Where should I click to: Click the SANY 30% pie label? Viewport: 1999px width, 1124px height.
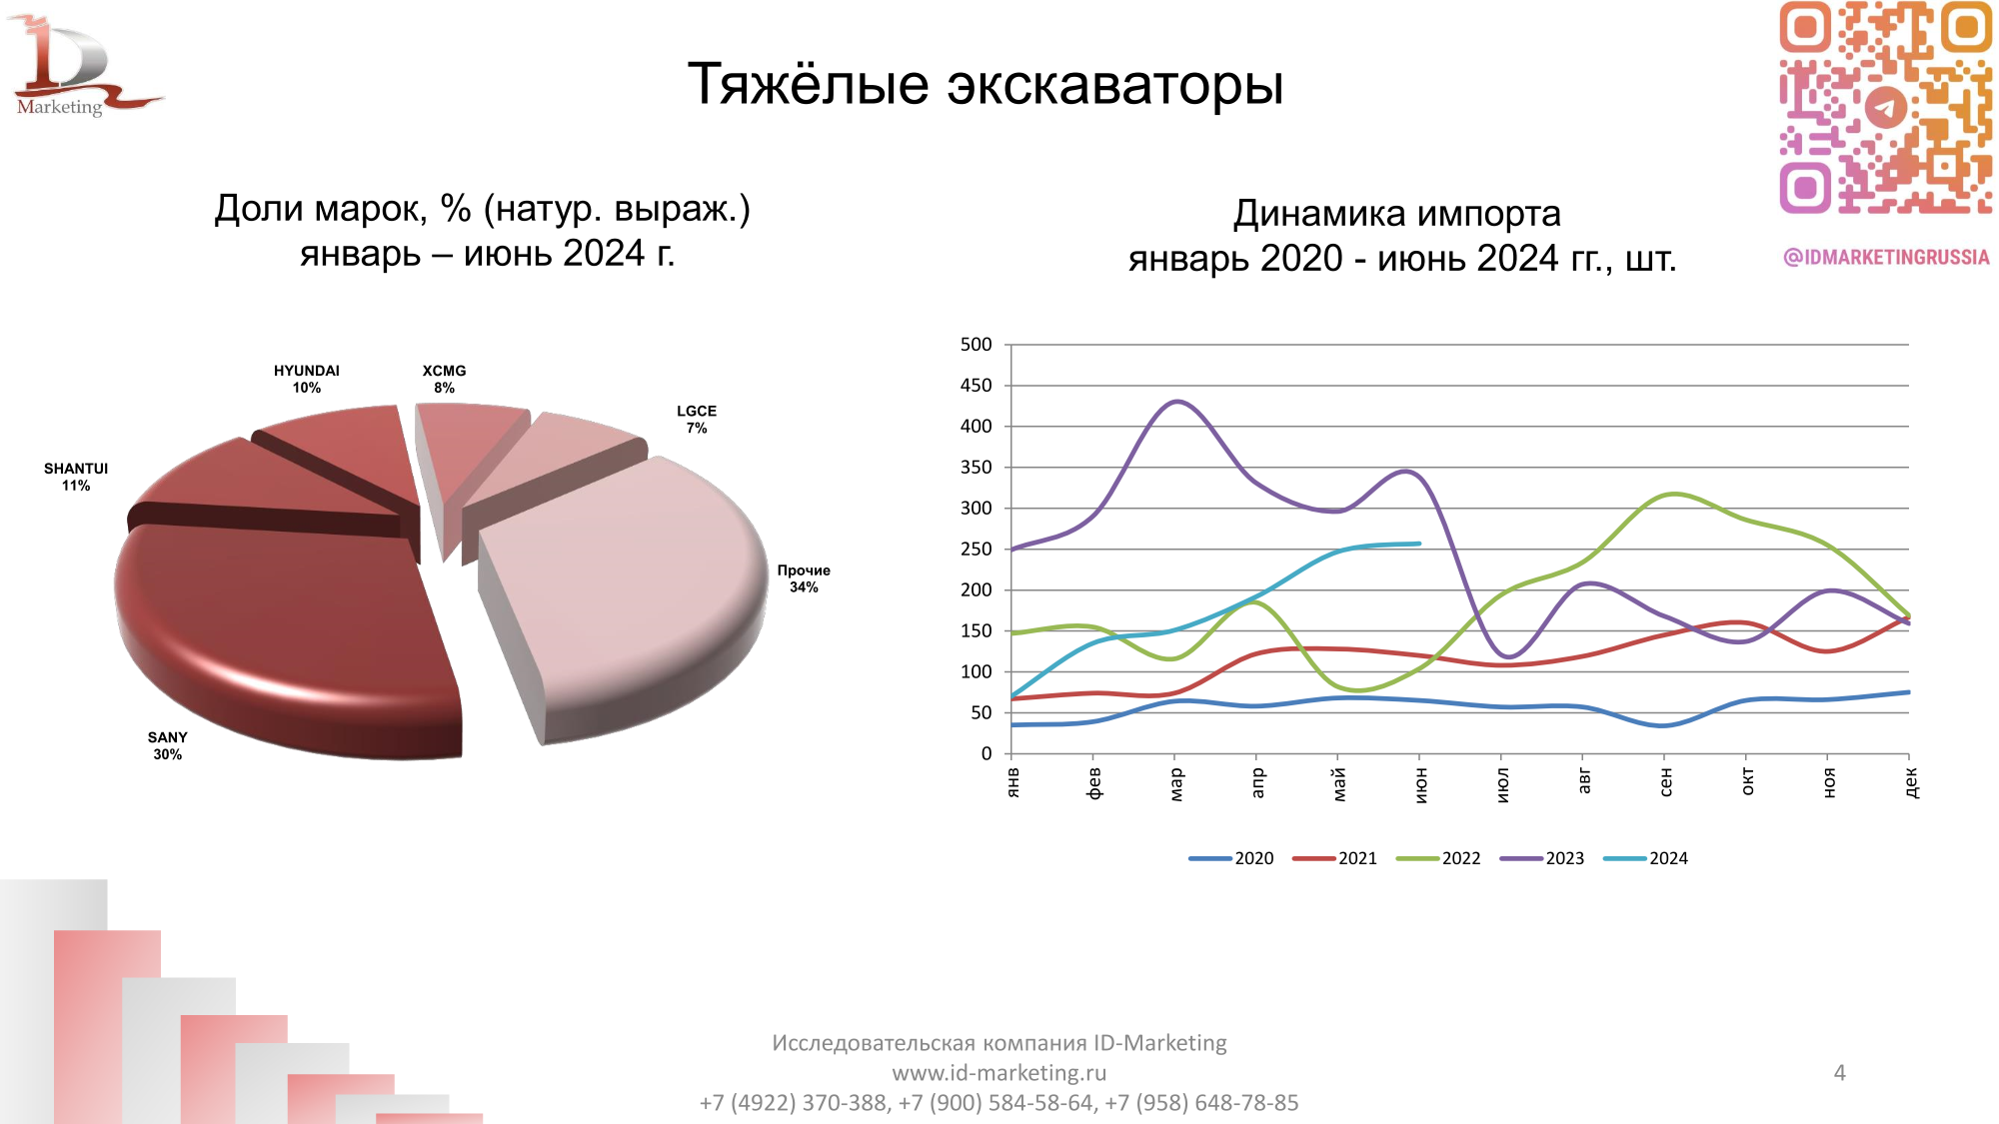pos(167,745)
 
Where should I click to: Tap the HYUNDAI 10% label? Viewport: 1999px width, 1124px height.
pos(306,379)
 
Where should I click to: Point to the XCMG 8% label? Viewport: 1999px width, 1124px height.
pos(444,379)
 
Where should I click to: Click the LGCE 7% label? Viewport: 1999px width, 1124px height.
pos(696,419)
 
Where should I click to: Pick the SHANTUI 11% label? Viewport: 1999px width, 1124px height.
pos(76,477)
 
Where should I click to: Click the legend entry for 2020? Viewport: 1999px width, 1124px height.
pos(1231,858)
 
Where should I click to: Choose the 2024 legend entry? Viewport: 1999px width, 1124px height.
pos(1646,858)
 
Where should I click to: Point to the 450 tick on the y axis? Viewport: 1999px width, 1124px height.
pos(976,386)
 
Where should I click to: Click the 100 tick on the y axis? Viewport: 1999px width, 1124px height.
pos(976,672)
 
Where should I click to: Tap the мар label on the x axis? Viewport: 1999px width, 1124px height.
pos(1175,783)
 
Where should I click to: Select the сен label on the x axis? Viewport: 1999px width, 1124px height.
pos(1665,781)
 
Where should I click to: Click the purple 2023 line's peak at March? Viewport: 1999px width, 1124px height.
pos(1177,402)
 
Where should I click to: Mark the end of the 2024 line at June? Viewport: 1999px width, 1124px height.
pos(1419,544)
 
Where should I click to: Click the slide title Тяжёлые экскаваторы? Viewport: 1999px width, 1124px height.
pos(986,83)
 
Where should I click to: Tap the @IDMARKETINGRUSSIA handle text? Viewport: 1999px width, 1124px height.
pos(1886,257)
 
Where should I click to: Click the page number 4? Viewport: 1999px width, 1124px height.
pos(1839,1073)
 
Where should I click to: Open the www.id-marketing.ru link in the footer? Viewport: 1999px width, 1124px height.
pos(999,1073)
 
